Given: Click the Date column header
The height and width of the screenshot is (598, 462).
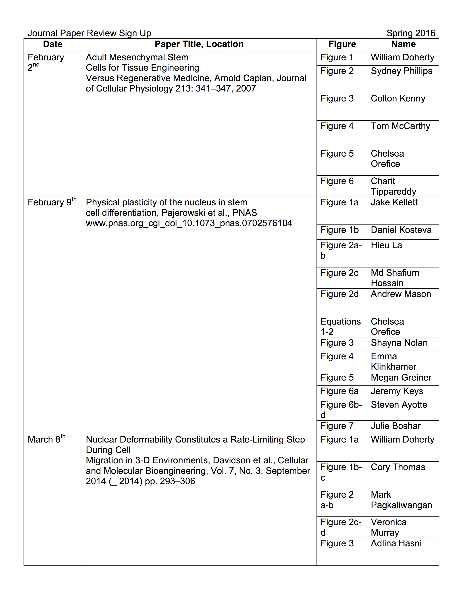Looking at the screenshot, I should coord(53,44).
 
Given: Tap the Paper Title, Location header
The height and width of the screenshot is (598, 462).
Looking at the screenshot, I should coord(199,44).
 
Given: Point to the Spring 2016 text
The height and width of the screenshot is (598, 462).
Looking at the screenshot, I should coord(411,33).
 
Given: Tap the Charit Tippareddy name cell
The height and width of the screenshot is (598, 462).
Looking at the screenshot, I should coord(393,186).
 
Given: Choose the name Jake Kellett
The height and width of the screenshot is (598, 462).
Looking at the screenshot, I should coord(394,202).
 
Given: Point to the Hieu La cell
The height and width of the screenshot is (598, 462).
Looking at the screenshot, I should coord(386,245).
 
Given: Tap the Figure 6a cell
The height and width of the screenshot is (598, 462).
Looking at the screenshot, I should coord(339,391).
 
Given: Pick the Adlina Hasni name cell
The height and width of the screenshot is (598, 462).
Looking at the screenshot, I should coord(396,543).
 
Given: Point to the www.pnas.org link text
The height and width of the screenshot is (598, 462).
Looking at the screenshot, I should coord(189,223).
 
